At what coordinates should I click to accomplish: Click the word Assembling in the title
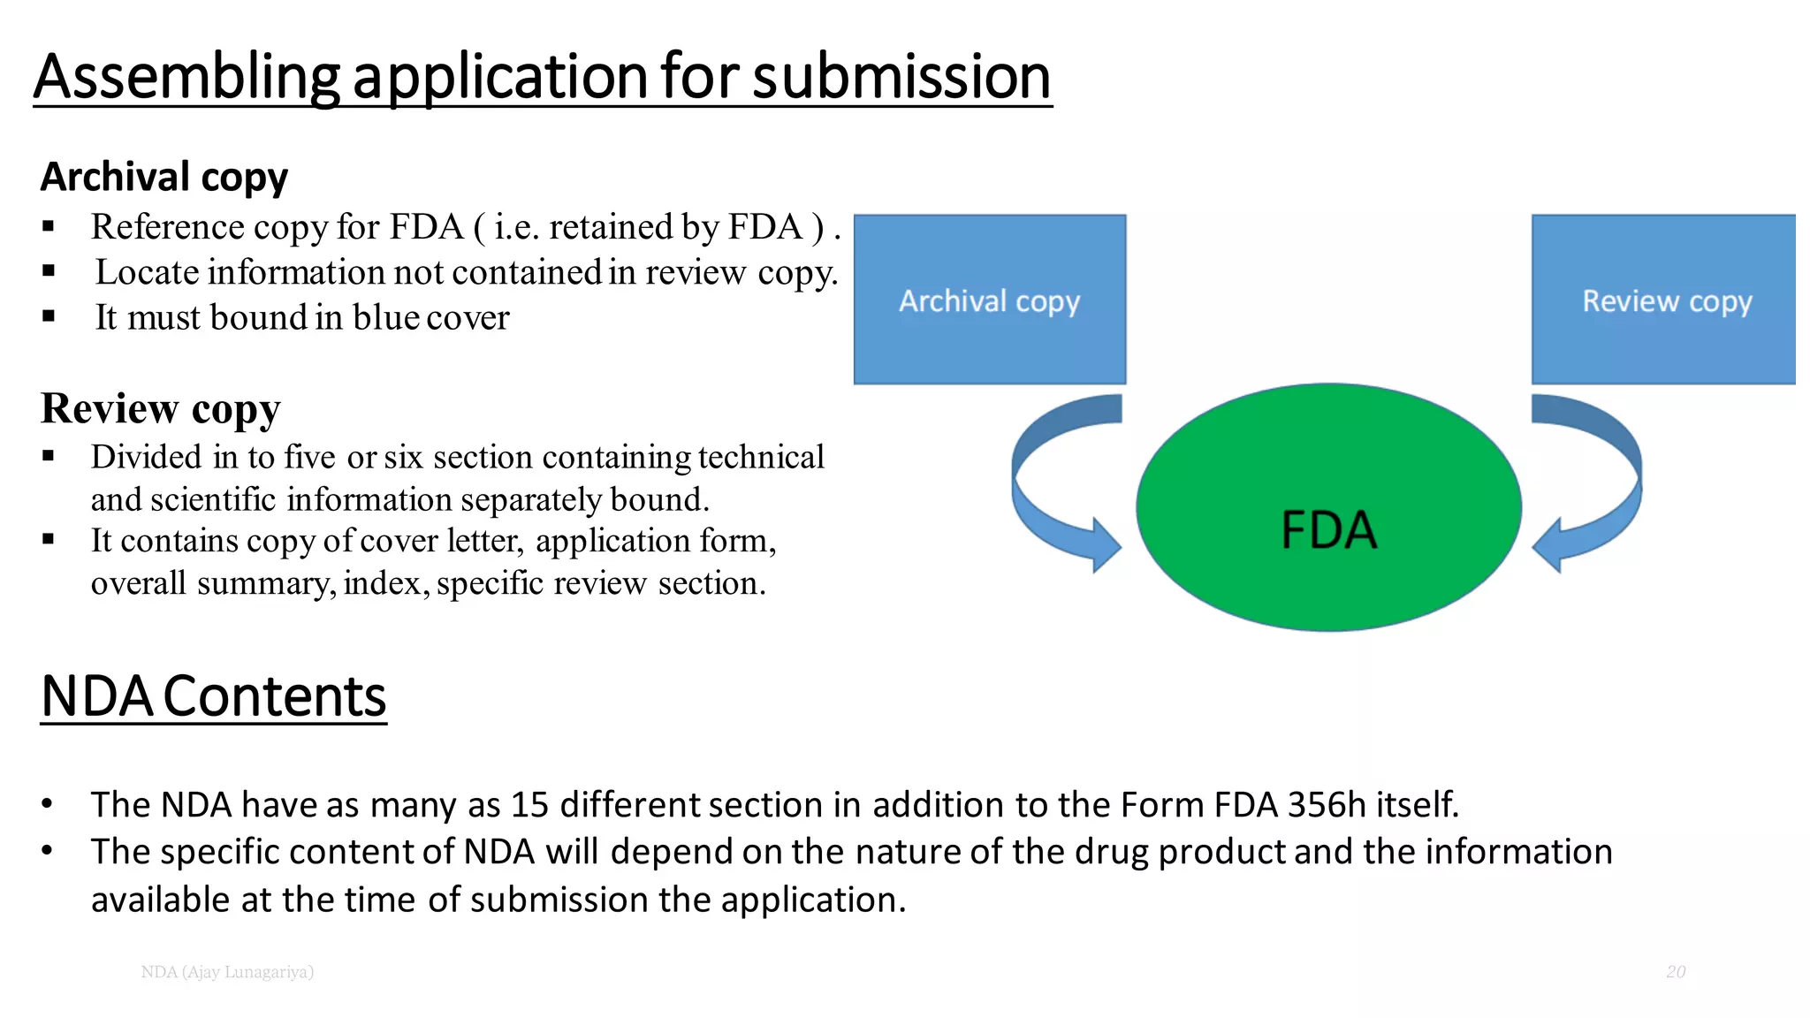tap(186, 77)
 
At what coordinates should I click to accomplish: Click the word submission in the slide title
tap(901, 77)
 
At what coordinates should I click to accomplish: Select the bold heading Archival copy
tap(164, 177)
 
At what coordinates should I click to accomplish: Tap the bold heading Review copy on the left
tap(160, 408)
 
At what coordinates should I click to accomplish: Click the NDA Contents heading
tap(213, 696)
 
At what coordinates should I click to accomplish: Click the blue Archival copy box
tap(989, 300)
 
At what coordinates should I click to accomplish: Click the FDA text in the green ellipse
tap(1328, 530)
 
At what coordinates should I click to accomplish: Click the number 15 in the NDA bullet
tap(529, 805)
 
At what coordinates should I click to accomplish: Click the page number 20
tap(1676, 972)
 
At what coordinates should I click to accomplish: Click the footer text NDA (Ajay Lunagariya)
tap(227, 972)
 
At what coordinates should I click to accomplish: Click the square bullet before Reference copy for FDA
tap(49, 227)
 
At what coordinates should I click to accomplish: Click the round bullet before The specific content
tap(48, 851)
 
